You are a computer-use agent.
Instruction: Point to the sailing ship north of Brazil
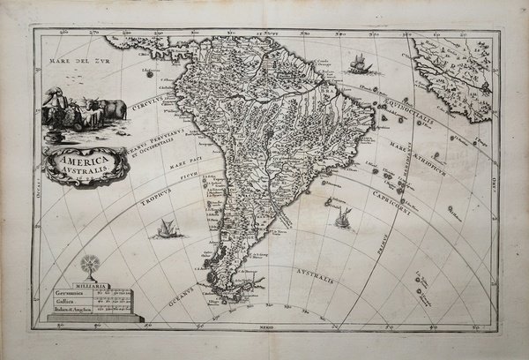(x=358, y=64)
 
